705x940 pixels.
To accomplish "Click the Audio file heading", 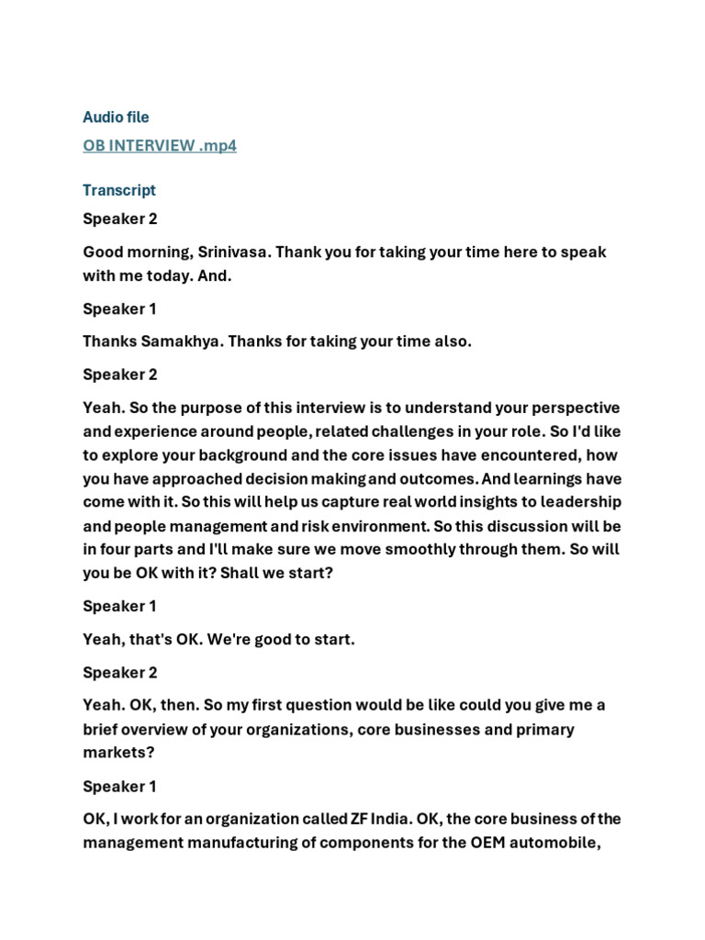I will click(x=116, y=117).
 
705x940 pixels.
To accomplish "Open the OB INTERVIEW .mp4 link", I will click(x=160, y=146).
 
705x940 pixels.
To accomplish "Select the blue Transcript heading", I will click(x=119, y=191).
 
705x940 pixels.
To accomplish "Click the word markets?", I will click(x=117, y=753).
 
